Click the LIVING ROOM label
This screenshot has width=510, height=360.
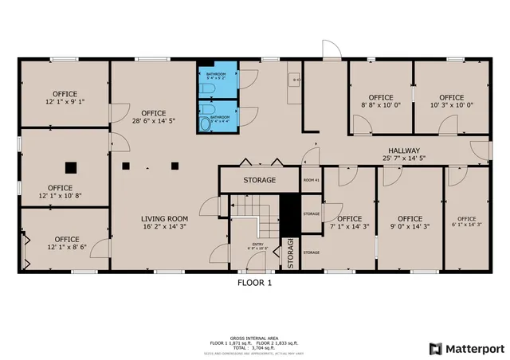click(164, 219)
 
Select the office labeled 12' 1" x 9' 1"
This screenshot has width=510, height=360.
click(65, 98)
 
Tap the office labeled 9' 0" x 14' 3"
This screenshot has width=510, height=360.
click(410, 222)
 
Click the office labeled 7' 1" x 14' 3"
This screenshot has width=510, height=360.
click(349, 222)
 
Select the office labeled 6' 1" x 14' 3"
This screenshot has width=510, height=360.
click(466, 222)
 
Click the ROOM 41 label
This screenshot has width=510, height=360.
click(311, 181)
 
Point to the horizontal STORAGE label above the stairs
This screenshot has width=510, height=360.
click(260, 180)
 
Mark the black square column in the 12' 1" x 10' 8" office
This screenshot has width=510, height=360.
click(71, 167)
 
